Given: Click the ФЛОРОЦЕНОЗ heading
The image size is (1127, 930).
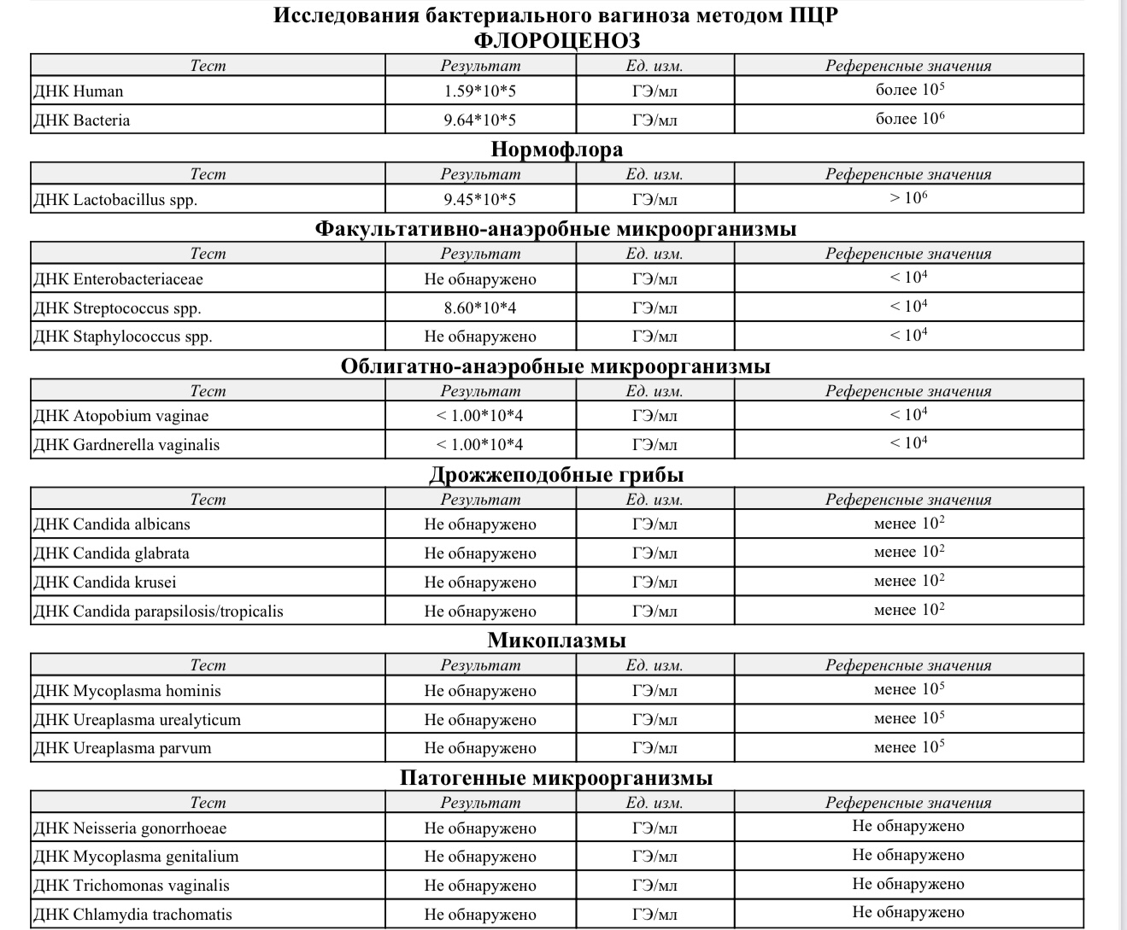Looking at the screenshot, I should pos(556,40).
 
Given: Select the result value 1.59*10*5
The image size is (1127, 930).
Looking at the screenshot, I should pos(479,91).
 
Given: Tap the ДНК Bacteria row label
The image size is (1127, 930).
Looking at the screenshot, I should pos(81,120).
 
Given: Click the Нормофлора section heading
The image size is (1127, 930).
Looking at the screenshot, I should pos(556,149).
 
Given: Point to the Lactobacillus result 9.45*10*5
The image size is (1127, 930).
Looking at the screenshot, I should pos(479,200).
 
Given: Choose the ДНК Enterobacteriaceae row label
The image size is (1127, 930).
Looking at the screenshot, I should pos(118,279).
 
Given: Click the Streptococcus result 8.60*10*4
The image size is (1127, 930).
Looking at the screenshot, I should pos(479,308).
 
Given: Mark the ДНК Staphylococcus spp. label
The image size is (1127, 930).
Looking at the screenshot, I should pos(122,336).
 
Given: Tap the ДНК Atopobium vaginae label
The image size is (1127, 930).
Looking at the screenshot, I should pos(120,417).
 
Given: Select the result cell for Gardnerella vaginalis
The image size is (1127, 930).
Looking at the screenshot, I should pos(479,445).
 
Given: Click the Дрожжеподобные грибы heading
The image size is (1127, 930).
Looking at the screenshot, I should pos(556,475).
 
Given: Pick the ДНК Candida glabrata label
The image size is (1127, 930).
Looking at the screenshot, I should pos(111,553).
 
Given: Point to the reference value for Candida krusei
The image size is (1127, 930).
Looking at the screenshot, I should pos(908,582).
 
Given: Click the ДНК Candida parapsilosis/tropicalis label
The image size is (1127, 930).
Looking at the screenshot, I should pos(158,611).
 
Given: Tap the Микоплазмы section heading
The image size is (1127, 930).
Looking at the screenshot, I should pos(556,640).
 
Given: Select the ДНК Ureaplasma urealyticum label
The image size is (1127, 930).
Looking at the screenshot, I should pos(137,720).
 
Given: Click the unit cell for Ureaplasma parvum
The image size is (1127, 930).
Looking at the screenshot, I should pos(654,749).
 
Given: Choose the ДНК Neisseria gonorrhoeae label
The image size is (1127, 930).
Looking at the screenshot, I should pos(130,828).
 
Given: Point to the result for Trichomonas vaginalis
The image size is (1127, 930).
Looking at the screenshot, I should pos(479,886).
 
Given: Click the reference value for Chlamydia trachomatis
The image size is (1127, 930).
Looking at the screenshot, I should pos(908,913).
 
